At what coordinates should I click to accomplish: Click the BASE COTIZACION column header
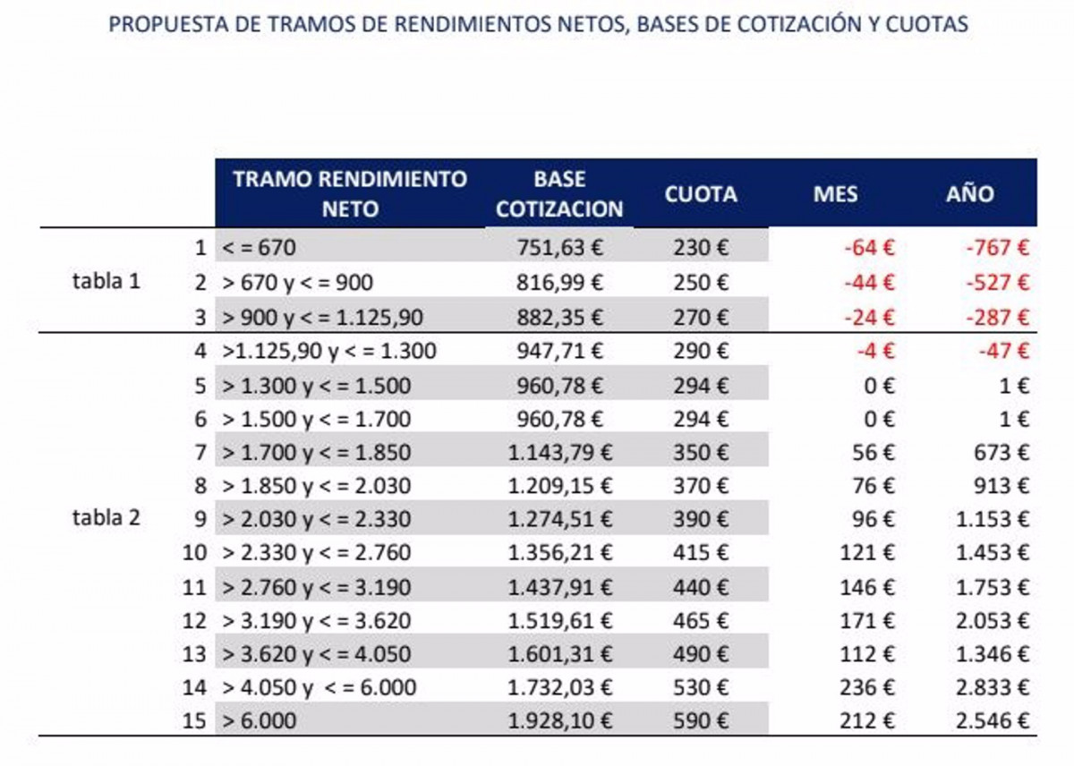[559, 193]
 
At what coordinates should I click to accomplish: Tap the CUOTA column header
[701, 194]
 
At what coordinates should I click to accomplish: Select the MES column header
[835, 194]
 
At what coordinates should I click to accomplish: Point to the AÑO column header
[970, 194]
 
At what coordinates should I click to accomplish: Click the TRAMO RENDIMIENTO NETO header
[350, 193]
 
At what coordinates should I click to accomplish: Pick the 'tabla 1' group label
[107, 281]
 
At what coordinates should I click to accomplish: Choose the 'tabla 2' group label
[107, 517]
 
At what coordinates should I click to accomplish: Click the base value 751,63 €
[559, 248]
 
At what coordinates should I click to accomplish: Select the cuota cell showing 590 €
[701, 720]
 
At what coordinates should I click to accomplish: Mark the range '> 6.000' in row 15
[259, 720]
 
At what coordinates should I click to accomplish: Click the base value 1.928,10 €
[559, 720]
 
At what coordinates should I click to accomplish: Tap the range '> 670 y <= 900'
[297, 283]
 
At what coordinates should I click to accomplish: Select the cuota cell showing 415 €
[701, 553]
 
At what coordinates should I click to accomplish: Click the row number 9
[200, 519]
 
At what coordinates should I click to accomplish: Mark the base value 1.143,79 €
[559, 452]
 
